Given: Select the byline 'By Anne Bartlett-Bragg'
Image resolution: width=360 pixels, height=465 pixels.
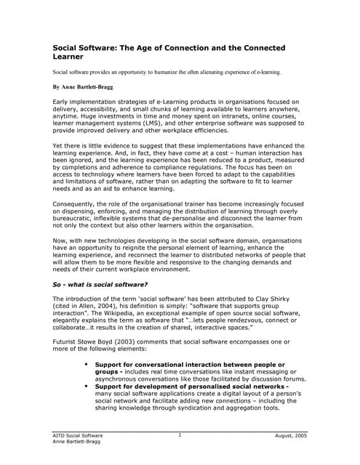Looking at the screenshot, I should tap(83, 86).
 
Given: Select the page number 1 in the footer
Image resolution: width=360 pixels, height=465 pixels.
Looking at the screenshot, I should tap(180, 435).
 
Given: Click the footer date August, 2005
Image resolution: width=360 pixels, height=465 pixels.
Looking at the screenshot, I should tap(292, 436).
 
